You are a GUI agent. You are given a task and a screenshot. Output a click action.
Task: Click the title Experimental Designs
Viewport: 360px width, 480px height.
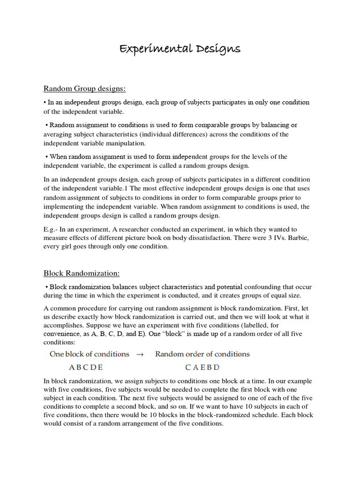pos(180,49)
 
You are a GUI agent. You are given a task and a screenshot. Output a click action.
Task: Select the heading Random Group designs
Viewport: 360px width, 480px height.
pos(85,89)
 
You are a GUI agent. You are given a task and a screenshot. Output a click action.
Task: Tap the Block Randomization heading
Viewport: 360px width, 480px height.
pos(82,273)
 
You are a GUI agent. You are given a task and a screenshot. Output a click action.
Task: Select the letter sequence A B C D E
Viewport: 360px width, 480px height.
pos(86,367)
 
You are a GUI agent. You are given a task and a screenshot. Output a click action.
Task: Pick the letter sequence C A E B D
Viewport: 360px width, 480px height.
pos(202,367)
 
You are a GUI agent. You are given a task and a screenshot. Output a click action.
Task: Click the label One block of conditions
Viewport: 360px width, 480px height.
pos(89,354)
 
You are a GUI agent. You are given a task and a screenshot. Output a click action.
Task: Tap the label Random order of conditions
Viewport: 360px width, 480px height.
pos(202,354)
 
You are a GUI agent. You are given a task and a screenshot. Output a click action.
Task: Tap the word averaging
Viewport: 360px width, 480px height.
pos(58,135)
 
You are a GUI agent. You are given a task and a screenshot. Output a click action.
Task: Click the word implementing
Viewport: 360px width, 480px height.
pos(64,207)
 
